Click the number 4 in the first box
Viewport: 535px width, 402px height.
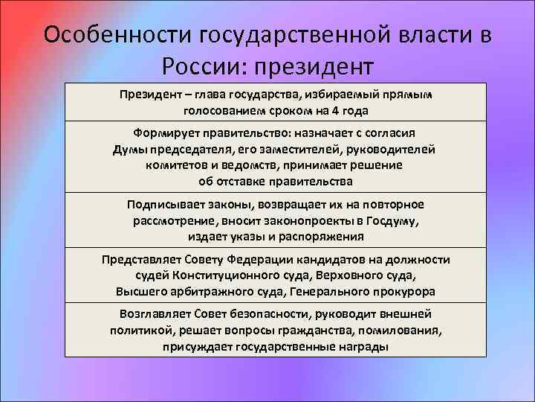pos(335,110)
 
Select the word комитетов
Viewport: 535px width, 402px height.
pos(175,165)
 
